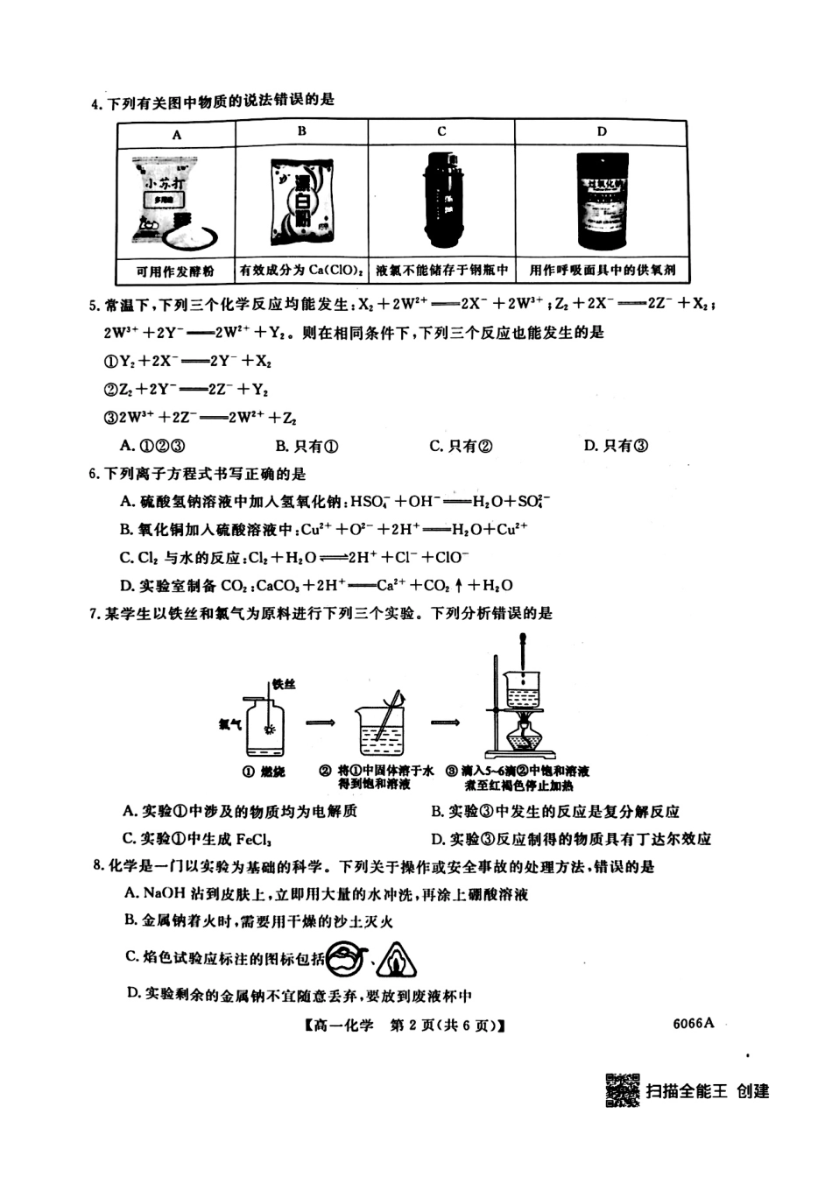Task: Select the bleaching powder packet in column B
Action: (x=300, y=202)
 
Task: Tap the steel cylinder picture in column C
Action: (x=441, y=201)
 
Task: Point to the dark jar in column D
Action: (x=602, y=201)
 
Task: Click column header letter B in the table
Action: (x=301, y=131)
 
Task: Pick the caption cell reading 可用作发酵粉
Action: (x=176, y=271)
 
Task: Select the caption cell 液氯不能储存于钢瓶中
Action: (x=441, y=271)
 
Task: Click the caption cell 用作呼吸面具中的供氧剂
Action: (x=602, y=271)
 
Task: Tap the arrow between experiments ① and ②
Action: (x=321, y=722)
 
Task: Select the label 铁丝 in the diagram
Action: (x=285, y=684)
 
